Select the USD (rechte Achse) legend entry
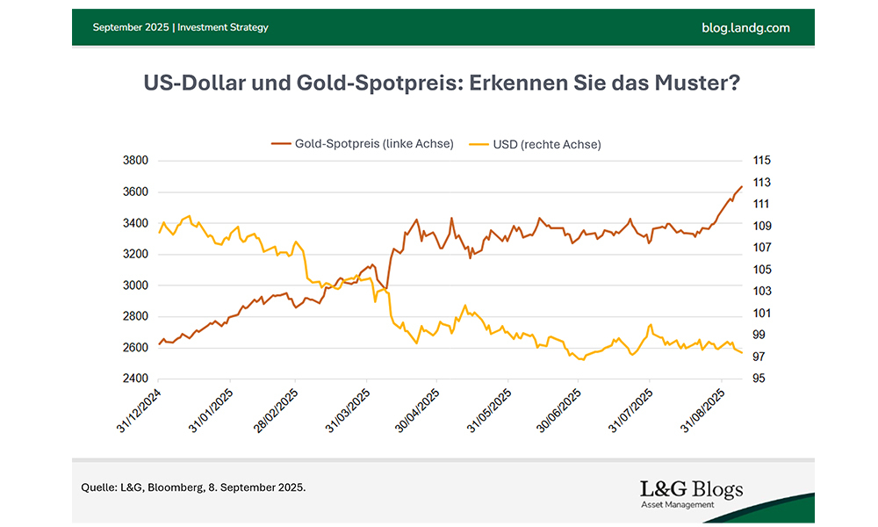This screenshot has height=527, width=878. click(x=545, y=144)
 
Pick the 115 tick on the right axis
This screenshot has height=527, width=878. click(x=761, y=161)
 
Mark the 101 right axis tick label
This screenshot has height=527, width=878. click(x=761, y=314)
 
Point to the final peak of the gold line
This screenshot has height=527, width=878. click(x=742, y=186)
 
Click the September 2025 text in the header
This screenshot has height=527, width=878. click(x=132, y=27)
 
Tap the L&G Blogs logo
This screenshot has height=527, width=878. click(x=692, y=492)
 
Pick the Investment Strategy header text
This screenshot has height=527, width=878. click(x=223, y=27)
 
